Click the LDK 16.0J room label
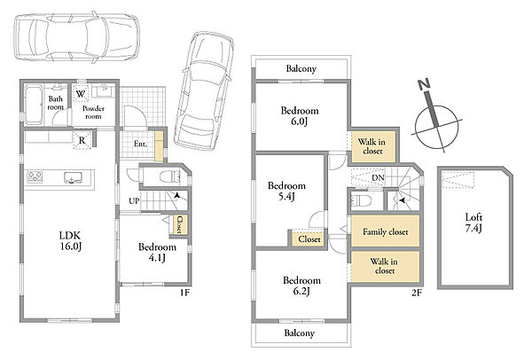pyautogui.click(x=71, y=240)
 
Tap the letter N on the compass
pyautogui.click(x=424, y=84)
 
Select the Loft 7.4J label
pyautogui.click(x=473, y=223)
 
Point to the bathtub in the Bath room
pyautogui.click(x=34, y=104)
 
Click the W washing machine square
pyautogui.click(x=81, y=93)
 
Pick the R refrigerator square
pyautogui.click(x=82, y=139)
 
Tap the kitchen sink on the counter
pyautogui.click(x=73, y=177)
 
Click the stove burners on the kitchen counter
pyautogui.click(x=35, y=177)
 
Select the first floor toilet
pyautogui.click(x=169, y=176)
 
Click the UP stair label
pyautogui.click(x=134, y=201)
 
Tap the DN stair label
pyautogui.click(x=378, y=177)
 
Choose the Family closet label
pyautogui.click(x=385, y=231)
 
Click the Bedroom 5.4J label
pyautogui.click(x=286, y=191)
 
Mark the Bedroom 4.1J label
pyautogui.click(x=157, y=253)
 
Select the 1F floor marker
pyautogui.click(x=184, y=292)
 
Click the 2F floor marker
pyautogui.click(x=417, y=292)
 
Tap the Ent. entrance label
pyautogui.click(x=140, y=144)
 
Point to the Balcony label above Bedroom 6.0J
pyautogui.click(x=301, y=69)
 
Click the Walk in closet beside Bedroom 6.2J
pyautogui.click(x=385, y=266)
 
